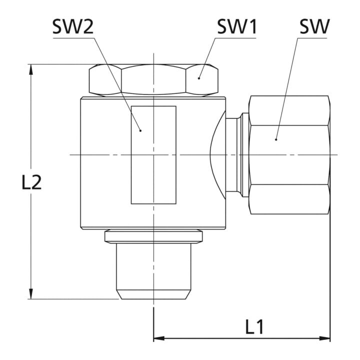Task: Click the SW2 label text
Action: tap(73, 26)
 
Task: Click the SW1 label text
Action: tap(237, 26)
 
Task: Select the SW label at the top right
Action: tap(314, 26)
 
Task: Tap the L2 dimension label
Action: tap(31, 182)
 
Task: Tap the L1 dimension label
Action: tap(254, 326)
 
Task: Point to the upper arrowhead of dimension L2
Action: tap(31, 69)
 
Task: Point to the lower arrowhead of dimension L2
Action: tap(31, 294)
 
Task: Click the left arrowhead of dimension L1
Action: tap(159, 338)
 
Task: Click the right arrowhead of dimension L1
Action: tap(324, 338)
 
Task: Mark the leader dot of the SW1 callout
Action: tap(199, 78)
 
